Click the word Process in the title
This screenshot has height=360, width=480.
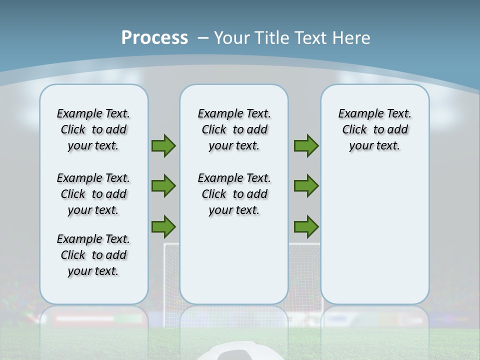click(x=154, y=38)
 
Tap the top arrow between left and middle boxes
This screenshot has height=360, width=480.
click(x=163, y=145)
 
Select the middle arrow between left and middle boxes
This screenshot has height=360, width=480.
click(x=163, y=186)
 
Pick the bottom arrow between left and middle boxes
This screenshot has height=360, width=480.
click(x=163, y=226)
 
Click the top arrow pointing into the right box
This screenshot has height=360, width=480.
click(x=306, y=145)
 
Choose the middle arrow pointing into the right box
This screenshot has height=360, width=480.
click(x=306, y=186)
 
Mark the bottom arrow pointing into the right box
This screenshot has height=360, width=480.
click(x=306, y=226)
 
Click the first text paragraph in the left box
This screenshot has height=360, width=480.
click(x=93, y=129)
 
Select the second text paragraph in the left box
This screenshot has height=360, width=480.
click(x=93, y=194)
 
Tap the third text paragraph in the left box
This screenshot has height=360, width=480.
click(x=93, y=255)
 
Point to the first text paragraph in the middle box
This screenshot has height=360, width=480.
click(x=234, y=129)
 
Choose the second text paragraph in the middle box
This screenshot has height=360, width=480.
click(x=234, y=194)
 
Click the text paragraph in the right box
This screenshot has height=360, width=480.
click(x=374, y=129)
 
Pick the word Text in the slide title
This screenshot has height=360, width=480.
click(x=309, y=38)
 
